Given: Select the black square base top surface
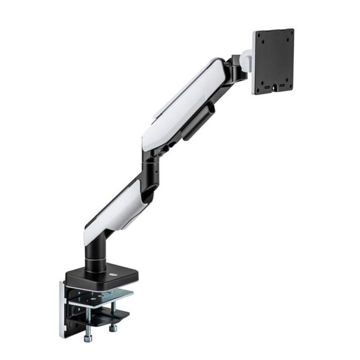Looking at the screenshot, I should (101, 275).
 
